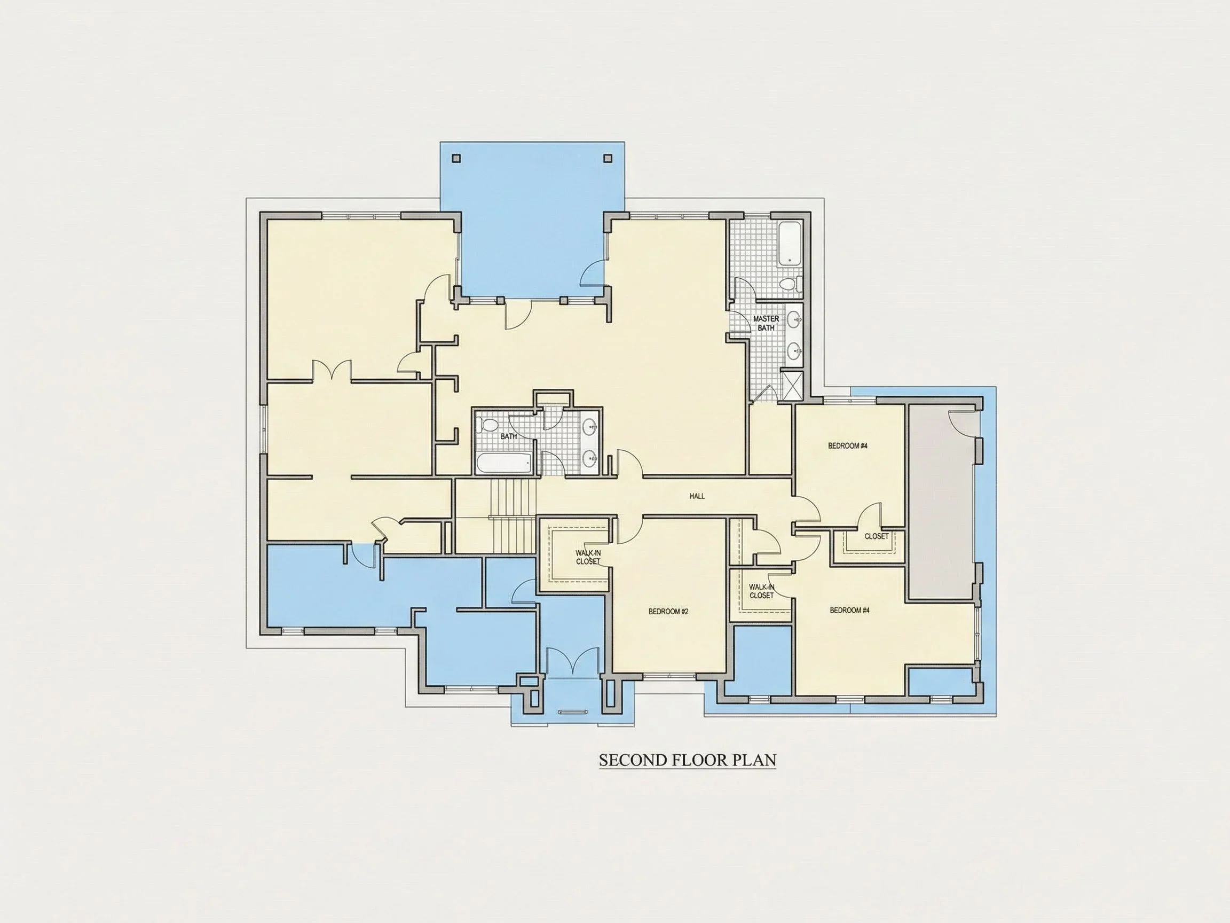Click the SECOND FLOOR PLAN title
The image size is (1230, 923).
click(687, 760)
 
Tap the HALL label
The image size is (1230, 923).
click(697, 496)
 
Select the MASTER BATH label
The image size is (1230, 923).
click(766, 323)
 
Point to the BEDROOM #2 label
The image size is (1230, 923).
click(668, 612)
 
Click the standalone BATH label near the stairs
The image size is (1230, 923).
click(508, 436)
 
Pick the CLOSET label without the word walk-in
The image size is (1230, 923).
click(877, 536)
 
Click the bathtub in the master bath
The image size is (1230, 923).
click(789, 244)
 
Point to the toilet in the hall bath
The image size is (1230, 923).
click(489, 425)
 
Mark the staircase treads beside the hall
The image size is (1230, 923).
click(512, 517)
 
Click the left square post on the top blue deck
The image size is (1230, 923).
click(456, 159)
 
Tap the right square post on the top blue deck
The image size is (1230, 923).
click(607, 159)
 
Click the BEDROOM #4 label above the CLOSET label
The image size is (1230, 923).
click(848, 445)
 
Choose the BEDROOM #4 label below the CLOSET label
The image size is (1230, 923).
click(850, 611)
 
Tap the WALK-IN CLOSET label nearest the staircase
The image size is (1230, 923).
click(588, 558)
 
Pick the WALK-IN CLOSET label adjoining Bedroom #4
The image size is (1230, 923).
click(761, 591)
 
